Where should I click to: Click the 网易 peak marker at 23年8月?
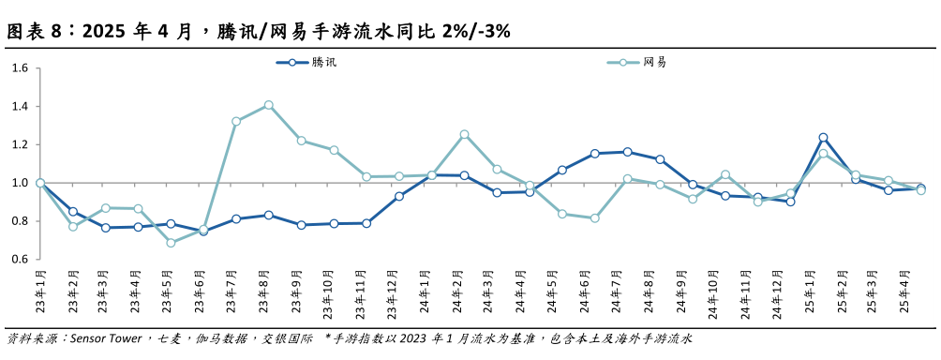tap(268, 105)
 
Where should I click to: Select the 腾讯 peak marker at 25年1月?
tap(823, 138)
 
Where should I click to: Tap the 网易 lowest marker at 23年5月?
tap(171, 243)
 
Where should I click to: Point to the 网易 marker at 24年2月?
tap(464, 134)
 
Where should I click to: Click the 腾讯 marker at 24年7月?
tap(627, 152)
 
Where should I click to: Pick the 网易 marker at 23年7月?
tap(235, 121)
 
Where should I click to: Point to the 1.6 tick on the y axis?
tap(21, 67)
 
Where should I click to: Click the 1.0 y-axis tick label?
tap(21, 183)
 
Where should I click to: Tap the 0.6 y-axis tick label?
tap(21, 260)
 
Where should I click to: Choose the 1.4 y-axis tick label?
tap(21, 106)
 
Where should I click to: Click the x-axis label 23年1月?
tap(41, 293)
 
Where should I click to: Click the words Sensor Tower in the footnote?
tap(105, 337)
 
